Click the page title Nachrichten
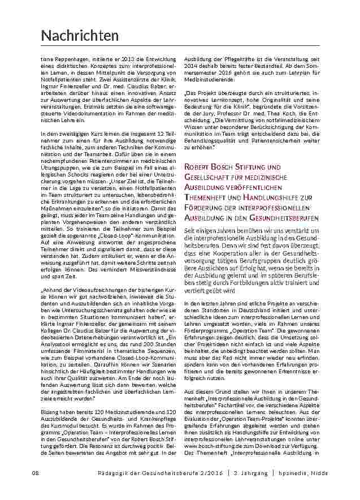coord(80,36)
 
